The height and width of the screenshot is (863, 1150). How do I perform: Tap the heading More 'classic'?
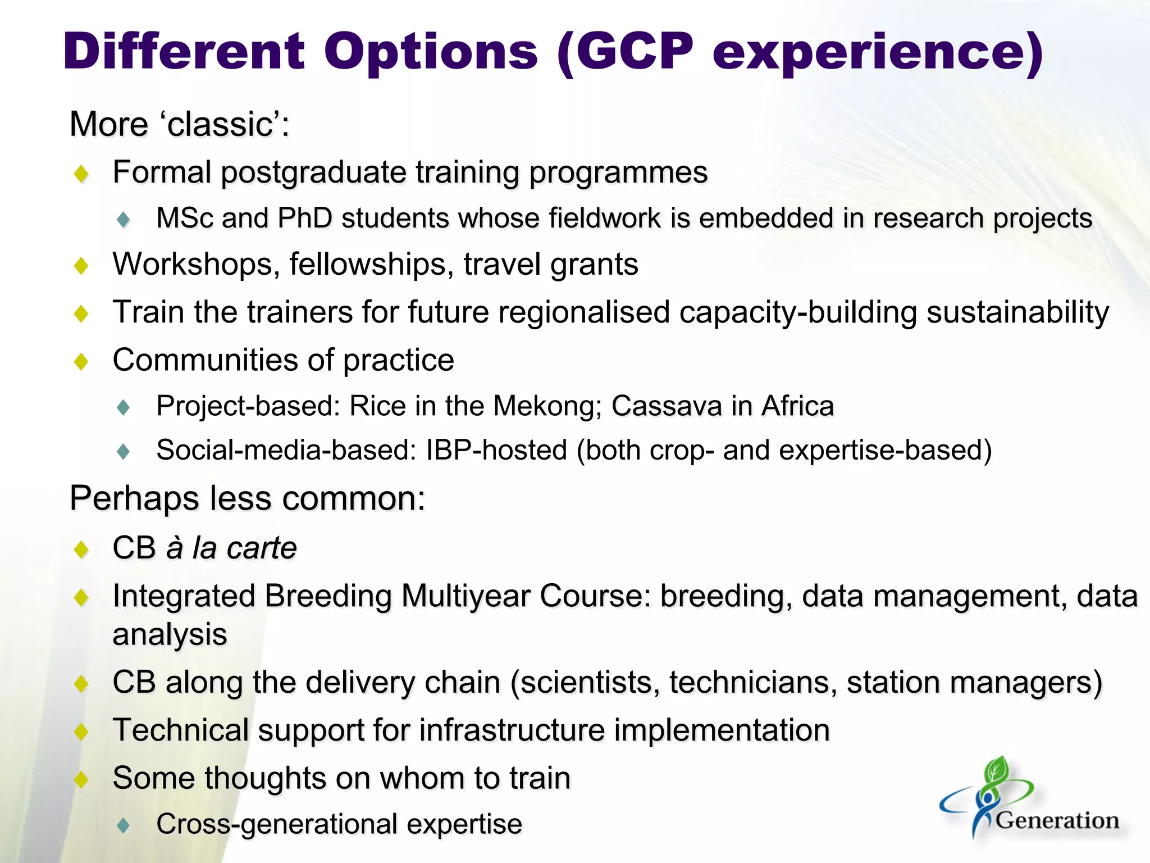click(x=179, y=124)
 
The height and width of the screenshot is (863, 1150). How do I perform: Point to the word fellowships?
click(x=371, y=264)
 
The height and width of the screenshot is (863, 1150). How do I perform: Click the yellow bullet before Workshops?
click(x=82, y=265)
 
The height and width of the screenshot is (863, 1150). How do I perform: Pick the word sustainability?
click(x=1017, y=312)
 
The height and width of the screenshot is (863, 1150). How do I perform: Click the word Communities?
click(x=223, y=360)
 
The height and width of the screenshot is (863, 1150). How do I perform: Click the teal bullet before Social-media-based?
click(x=124, y=451)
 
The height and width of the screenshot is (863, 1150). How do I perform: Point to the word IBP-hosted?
click(x=496, y=450)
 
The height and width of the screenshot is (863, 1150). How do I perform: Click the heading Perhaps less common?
click(x=247, y=498)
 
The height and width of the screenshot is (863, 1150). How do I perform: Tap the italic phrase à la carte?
click(x=231, y=548)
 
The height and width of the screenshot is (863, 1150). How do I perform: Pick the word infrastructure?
click(x=512, y=730)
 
